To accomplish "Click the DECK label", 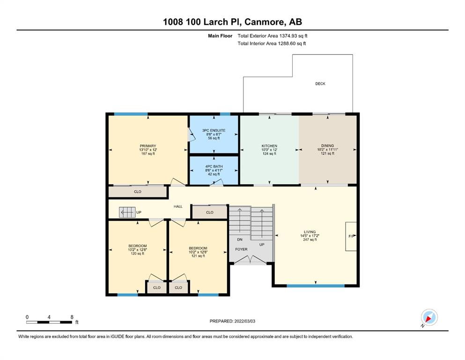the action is [x=320, y=84].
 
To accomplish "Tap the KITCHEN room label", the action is [x=269, y=146].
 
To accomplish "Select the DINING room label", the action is [x=327, y=146].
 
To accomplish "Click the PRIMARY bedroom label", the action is [x=148, y=146].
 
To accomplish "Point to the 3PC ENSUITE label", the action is [x=214, y=130].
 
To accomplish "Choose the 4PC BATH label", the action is [x=214, y=166].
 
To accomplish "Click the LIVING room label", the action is [x=310, y=232].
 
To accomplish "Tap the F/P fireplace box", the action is [x=351, y=236].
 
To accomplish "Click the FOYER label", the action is [x=241, y=249].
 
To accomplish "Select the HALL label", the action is [x=178, y=206].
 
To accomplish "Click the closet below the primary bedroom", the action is [x=138, y=192].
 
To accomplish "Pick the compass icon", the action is [x=429, y=318].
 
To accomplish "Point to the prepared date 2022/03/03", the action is [x=244, y=321].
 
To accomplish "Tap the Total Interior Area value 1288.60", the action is [x=287, y=43].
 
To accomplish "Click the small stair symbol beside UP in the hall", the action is [x=127, y=212].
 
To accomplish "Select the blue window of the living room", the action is [x=316, y=286].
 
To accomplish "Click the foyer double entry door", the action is [x=251, y=259].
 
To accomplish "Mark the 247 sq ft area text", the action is [x=310, y=240].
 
